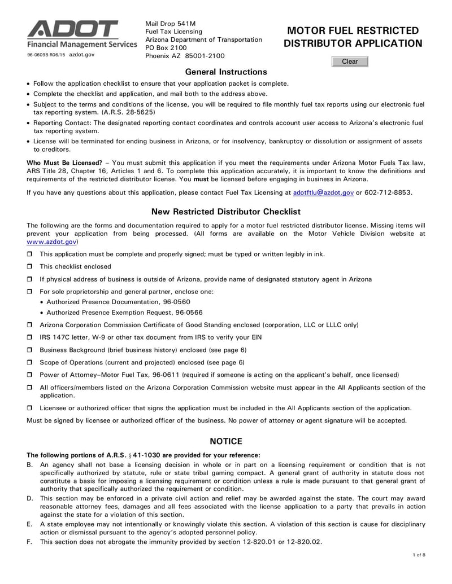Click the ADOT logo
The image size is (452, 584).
point(73,29)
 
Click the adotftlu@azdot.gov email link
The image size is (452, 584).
point(323,192)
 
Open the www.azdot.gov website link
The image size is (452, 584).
point(52,241)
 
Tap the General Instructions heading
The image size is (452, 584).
point(226,72)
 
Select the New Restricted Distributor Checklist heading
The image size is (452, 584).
point(226,212)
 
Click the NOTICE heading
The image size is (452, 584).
point(226,441)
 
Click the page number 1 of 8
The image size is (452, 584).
point(419,556)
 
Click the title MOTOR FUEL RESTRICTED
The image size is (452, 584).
point(353,30)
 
